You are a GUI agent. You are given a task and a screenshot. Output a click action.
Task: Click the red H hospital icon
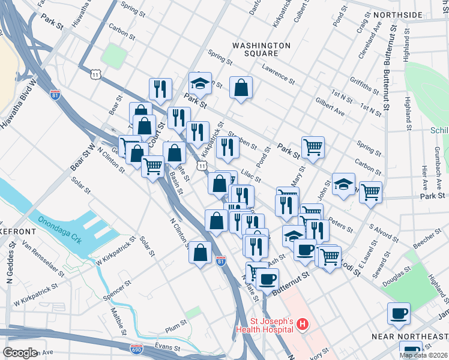click(x=303, y=325)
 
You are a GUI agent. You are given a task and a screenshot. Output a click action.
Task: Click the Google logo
click(x=20, y=352)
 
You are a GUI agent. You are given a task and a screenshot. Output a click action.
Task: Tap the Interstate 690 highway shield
click(x=136, y=348)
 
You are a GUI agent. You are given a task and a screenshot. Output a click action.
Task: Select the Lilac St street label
click(x=251, y=175)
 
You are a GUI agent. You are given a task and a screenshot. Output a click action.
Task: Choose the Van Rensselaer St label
click(x=43, y=259)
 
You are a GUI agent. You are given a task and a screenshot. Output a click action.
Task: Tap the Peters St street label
click(x=340, y=225)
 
